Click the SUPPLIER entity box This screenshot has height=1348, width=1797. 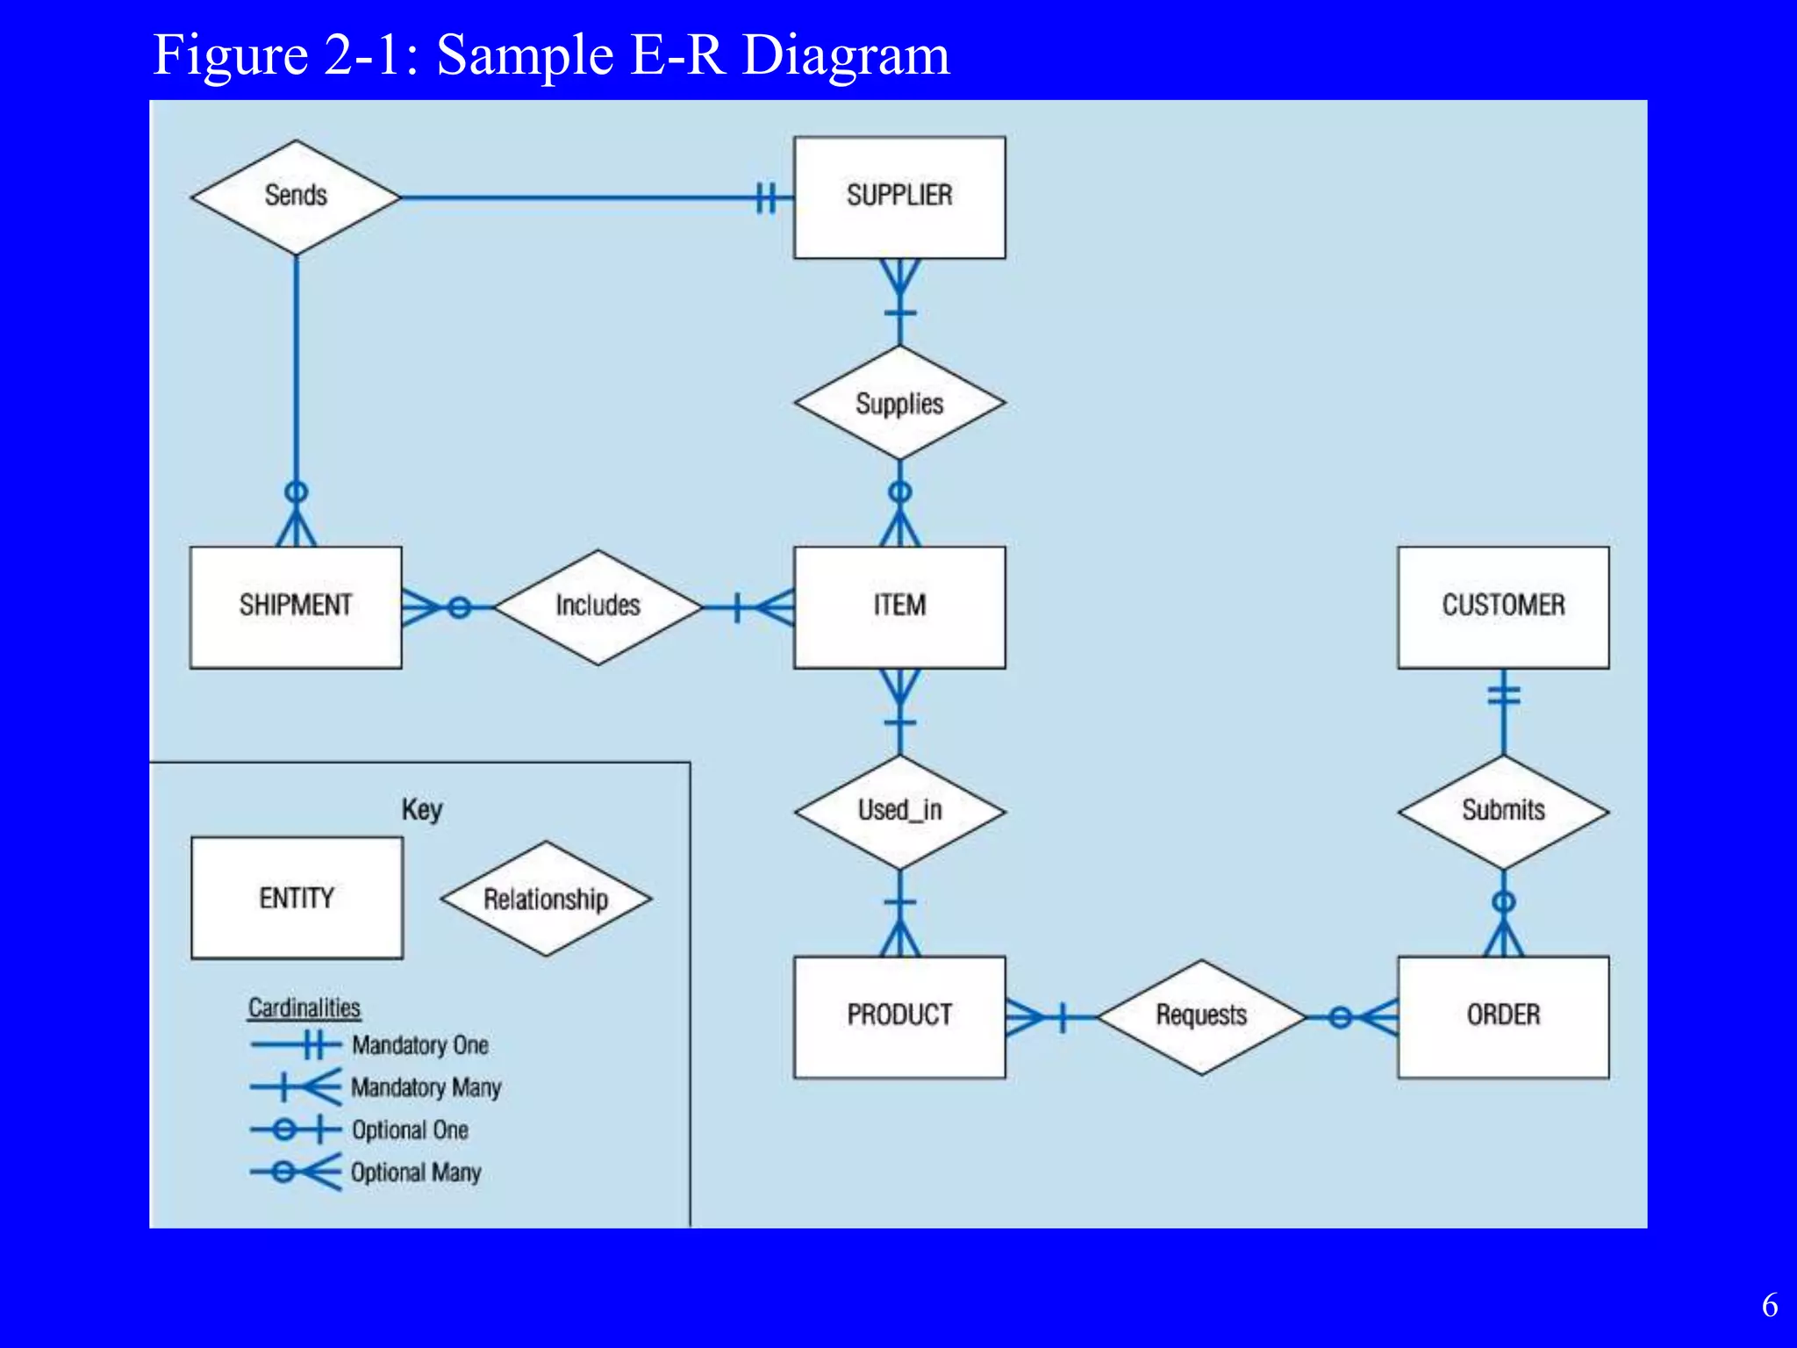point(899,197)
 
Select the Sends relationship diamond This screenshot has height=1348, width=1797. point(296,197)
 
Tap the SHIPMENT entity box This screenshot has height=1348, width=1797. point(296,606)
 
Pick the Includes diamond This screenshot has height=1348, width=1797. point(598,606)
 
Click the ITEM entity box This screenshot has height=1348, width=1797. point(899,606)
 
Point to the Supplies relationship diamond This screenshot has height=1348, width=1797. point(899,403)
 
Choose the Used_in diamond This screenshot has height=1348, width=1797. point(899,811)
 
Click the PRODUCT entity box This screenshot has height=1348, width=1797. point(899,1016)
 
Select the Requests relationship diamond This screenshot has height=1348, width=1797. point(1201,1016)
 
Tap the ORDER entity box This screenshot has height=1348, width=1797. point(1503,1016)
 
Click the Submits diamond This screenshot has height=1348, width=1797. point(1503,811)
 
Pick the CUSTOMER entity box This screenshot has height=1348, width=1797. point(1503,606)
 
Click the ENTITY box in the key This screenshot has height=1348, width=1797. point(297,898)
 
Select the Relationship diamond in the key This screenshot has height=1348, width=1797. point(546,899)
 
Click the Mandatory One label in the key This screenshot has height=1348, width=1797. point(419,1045)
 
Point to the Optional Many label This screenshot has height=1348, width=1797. point(416,1172)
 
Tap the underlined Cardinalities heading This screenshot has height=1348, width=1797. point(304,1007)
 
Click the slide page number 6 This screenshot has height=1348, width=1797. point(1769,1306)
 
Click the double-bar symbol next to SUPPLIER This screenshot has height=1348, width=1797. point(766,197)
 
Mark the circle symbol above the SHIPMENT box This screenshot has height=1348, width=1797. point(297,491)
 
